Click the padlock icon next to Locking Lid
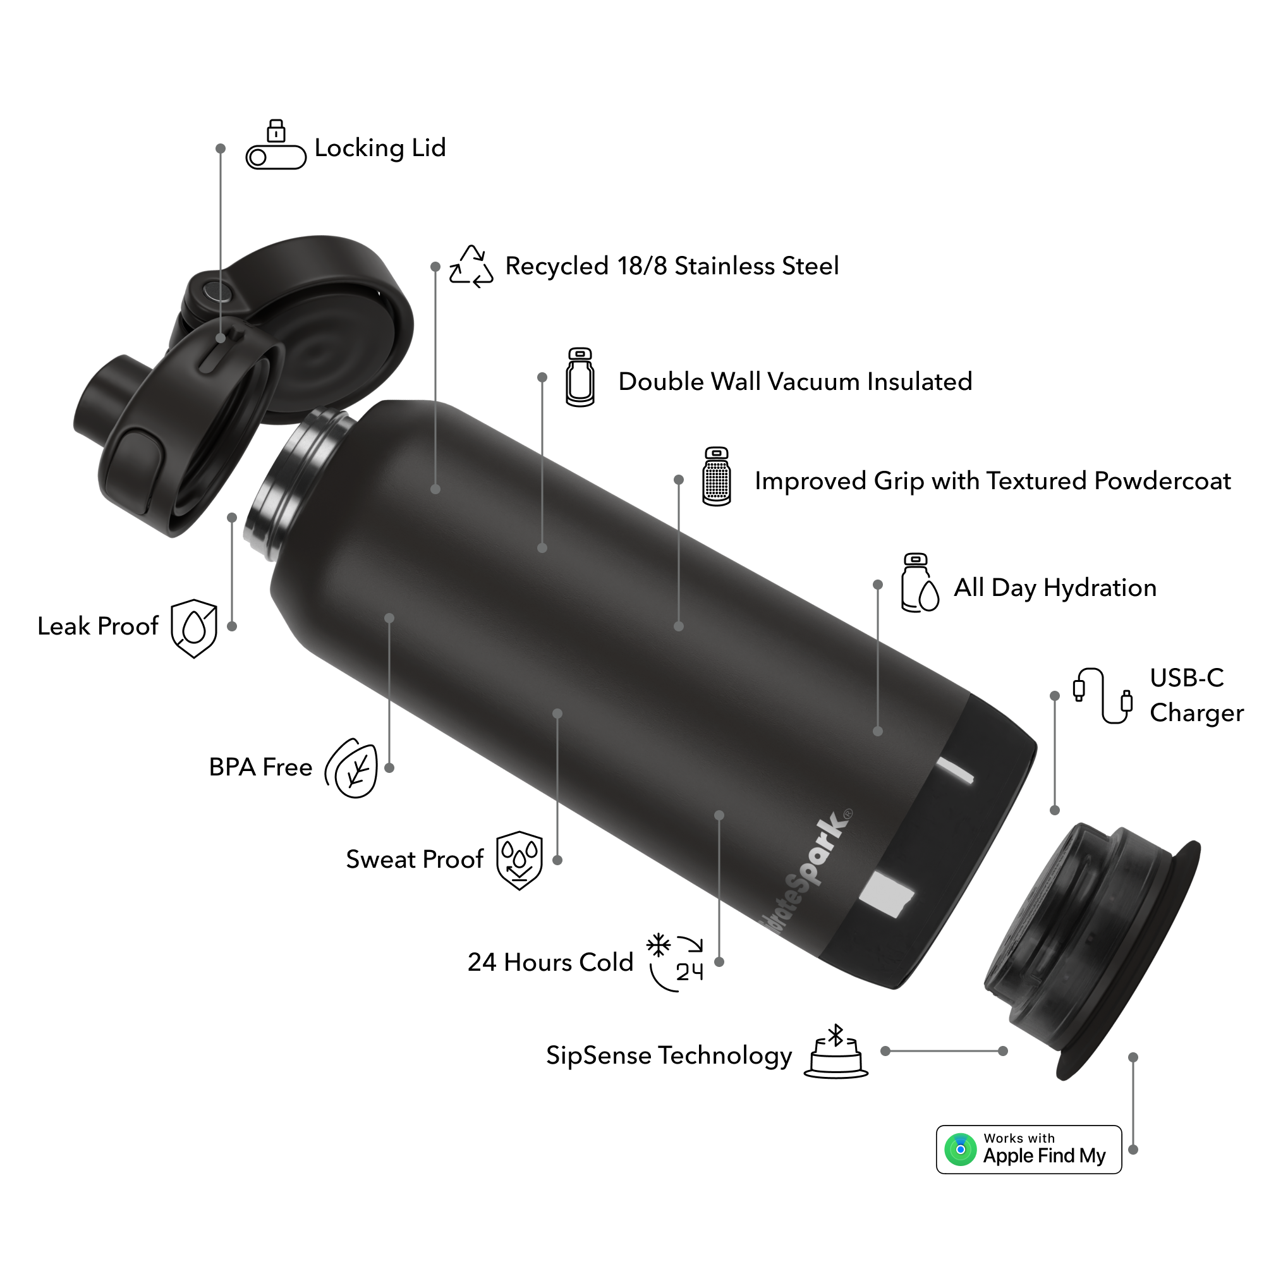tap(276, 131)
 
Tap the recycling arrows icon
tap(471, 266)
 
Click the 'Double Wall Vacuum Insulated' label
tap(795, 382)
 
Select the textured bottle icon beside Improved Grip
tap(717, 477)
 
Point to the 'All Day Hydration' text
tap(1055, 588)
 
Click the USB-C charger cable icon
tap(1102, 695)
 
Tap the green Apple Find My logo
tap(961, 1150)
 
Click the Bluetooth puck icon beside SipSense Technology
tap(836, 1052)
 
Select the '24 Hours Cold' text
tap(550, 963)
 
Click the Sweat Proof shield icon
tap(520, 860)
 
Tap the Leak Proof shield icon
tap(193, 628)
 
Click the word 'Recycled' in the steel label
tap(557, 266)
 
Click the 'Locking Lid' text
tap(380, 148)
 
